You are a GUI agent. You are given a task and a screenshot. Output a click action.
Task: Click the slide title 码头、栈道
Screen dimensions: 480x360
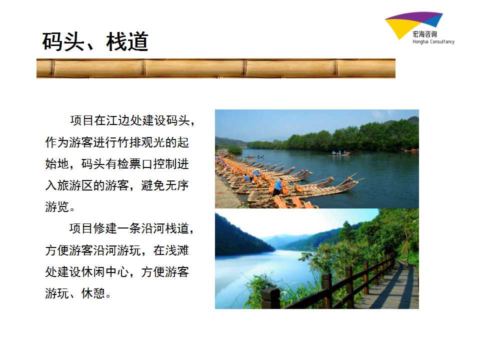pos(95,41)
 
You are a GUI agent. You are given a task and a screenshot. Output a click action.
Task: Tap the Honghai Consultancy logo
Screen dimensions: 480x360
pos(419,28)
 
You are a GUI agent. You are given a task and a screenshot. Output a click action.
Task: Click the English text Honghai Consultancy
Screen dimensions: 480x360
pos(433,41)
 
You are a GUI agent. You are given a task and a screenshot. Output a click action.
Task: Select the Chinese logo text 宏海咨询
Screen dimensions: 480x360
pos(424,34)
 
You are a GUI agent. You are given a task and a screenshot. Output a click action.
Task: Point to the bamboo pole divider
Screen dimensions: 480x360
pos(216,68)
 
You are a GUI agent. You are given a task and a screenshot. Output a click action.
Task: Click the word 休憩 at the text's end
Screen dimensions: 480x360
pos(93,293)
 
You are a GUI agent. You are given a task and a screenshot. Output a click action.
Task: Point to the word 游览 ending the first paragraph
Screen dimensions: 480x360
pos(57,207)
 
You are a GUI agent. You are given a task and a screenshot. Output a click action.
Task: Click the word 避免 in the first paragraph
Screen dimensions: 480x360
pos(153,185)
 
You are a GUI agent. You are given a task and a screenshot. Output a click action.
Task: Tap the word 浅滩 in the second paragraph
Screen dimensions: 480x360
pos(176,250)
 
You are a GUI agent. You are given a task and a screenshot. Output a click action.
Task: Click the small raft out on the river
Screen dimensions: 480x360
pos(339,153)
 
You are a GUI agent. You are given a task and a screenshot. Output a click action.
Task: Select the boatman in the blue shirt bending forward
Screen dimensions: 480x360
pos(277,187)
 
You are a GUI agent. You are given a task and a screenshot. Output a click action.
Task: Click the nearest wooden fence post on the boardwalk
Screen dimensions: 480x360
pos(271,298)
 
